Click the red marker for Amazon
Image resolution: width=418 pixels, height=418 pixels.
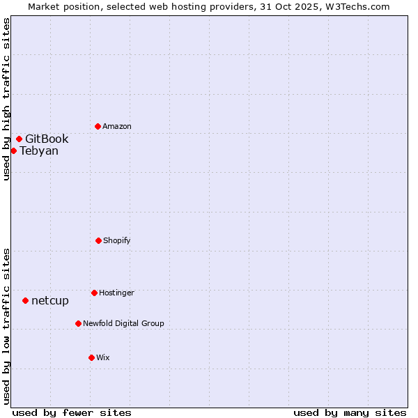tap(98, 126)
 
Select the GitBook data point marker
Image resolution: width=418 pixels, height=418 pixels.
tap(19, 139)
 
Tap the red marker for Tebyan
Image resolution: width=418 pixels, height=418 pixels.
tap(13, 150)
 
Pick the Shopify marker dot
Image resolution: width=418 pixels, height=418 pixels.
tap(98, 240)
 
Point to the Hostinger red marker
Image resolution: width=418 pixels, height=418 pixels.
tap(94, 293)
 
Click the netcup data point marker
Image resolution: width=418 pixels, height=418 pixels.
tap(25, 300)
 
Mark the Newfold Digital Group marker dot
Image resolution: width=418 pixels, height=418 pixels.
tap(78, 323)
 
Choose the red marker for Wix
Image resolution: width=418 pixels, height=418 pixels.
tap(91, 357)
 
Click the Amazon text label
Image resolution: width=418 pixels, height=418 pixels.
tap(117, 127)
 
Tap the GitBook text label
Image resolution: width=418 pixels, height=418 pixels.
tap(47, 139)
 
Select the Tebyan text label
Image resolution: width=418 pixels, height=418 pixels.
tap(39, 151)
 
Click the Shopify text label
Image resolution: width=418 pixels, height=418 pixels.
tap(117, 241)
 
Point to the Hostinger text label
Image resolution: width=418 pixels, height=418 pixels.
tap(116, 293)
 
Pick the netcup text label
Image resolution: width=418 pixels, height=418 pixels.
tap(50, 301)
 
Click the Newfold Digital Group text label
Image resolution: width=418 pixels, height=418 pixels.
tap(123, 324)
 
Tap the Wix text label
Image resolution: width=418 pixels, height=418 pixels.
tap(103, 358)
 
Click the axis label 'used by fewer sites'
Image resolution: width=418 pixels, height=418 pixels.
tap(72, 412)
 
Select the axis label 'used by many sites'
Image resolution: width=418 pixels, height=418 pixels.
tap(350, 412)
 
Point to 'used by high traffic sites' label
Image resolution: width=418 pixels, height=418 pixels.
tap(6, 99)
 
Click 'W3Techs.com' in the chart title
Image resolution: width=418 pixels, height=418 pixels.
tap(355, 6)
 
